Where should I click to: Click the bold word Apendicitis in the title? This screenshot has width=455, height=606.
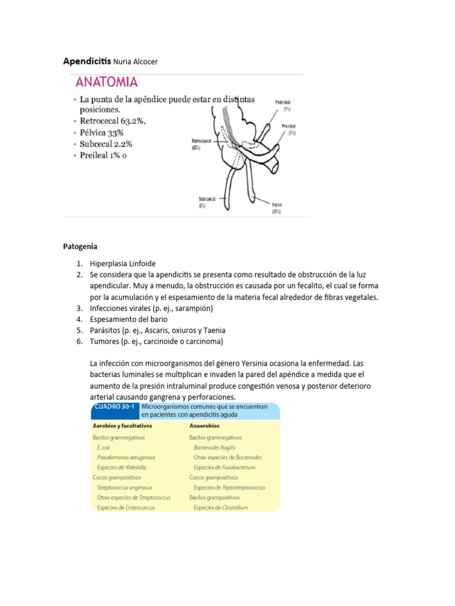tap(86, 61)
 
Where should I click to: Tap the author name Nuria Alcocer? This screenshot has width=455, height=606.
tap(136, 62)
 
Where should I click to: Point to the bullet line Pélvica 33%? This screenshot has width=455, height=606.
tap(101, 133)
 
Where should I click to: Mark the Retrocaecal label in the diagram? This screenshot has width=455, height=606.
tap(203, 141)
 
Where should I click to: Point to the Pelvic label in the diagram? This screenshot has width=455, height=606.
tap(276, 204)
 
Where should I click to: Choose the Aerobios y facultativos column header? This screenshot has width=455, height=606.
tap(123, 426)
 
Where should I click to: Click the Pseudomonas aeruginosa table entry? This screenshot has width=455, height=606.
tap(126, 457)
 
